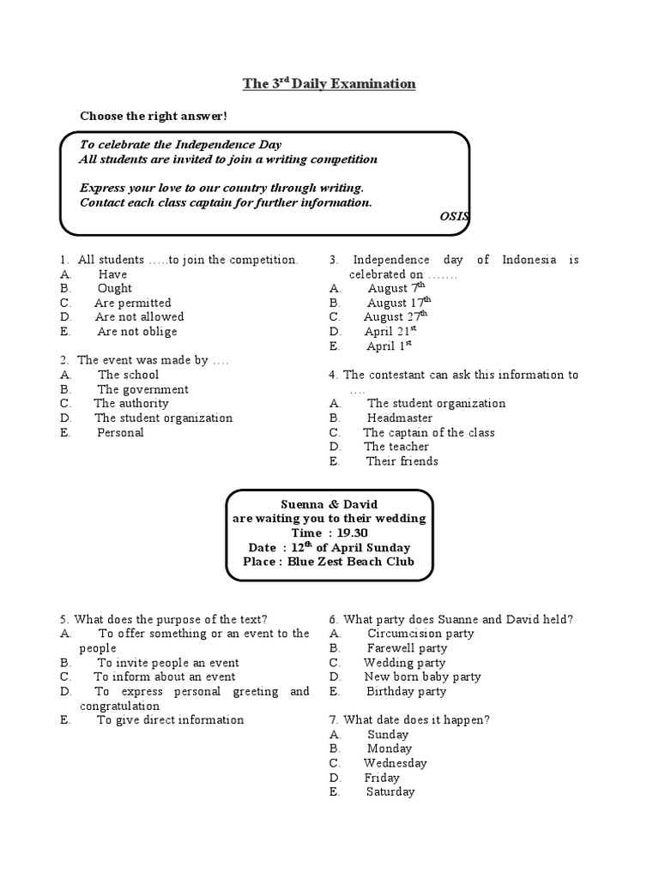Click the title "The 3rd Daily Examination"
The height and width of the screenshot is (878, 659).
point(329,84)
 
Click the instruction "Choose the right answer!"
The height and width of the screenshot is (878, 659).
point(154,116)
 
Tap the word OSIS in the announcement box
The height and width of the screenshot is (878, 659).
point(454,217)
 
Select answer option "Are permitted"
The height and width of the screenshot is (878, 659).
point(132,303)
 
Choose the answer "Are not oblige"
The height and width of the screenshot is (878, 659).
point(137,332)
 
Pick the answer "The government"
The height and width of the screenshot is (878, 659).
point(142,389)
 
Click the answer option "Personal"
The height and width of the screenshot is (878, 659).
point(120,433)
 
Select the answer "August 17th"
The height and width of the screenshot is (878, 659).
point(399,303)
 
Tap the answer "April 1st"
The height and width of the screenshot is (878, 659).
point(390,346)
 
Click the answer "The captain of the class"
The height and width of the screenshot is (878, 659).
point(429,433)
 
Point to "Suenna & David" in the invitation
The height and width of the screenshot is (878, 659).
point(329,504)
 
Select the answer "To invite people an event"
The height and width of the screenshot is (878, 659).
point(167,663)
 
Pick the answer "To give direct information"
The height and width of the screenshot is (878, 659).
point(170,720)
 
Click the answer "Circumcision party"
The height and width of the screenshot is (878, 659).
point(420,634)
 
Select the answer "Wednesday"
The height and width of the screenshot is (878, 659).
point(395,763)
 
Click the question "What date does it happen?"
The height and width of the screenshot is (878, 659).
point(410,720)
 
